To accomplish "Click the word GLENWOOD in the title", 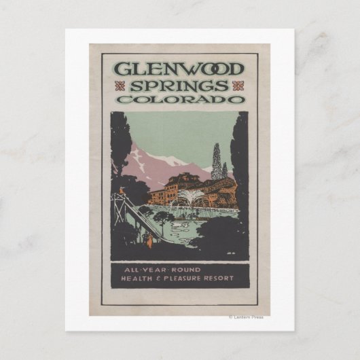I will [x=180, y=69].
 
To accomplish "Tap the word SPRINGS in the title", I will [x=180, y=86].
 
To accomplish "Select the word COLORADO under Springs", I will [x=180, y=99].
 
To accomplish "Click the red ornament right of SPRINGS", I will [x=237, y=86].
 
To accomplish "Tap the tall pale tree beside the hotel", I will [x=217, y=163].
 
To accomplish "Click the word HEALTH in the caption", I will [x=137, y=278].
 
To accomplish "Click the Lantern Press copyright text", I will [x=246, y=317].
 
